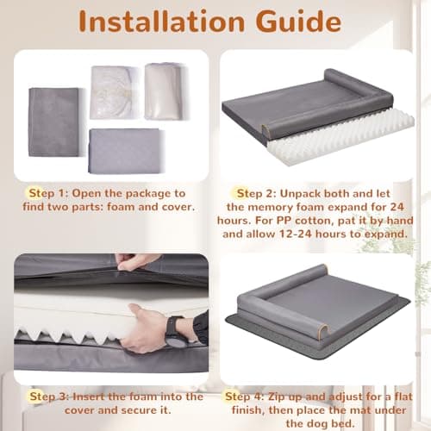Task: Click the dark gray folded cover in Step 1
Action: coord(53,122)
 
